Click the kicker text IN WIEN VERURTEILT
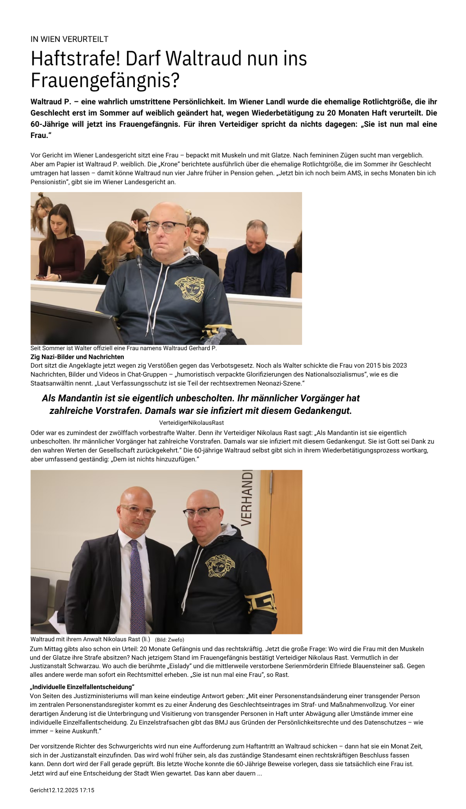pyautogui.click(x=69, y=39)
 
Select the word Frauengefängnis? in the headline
pyautogui.click(x=105, y=80)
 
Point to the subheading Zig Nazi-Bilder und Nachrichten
pyautogui.click(x=77, y=357)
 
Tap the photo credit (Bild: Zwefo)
pyautogui.click(x=169, y=640)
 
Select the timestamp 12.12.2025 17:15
pyautogui.click(x=71, y=790)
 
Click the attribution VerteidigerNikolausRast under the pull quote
pyautogui.click(x=191, y=423)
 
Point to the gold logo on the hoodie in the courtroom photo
pyautogui.click(x=190, y=288)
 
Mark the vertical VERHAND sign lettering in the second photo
pyautogui.click(x=247, y=498)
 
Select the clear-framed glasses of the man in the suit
pyautogui.click(x=137, y=512)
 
